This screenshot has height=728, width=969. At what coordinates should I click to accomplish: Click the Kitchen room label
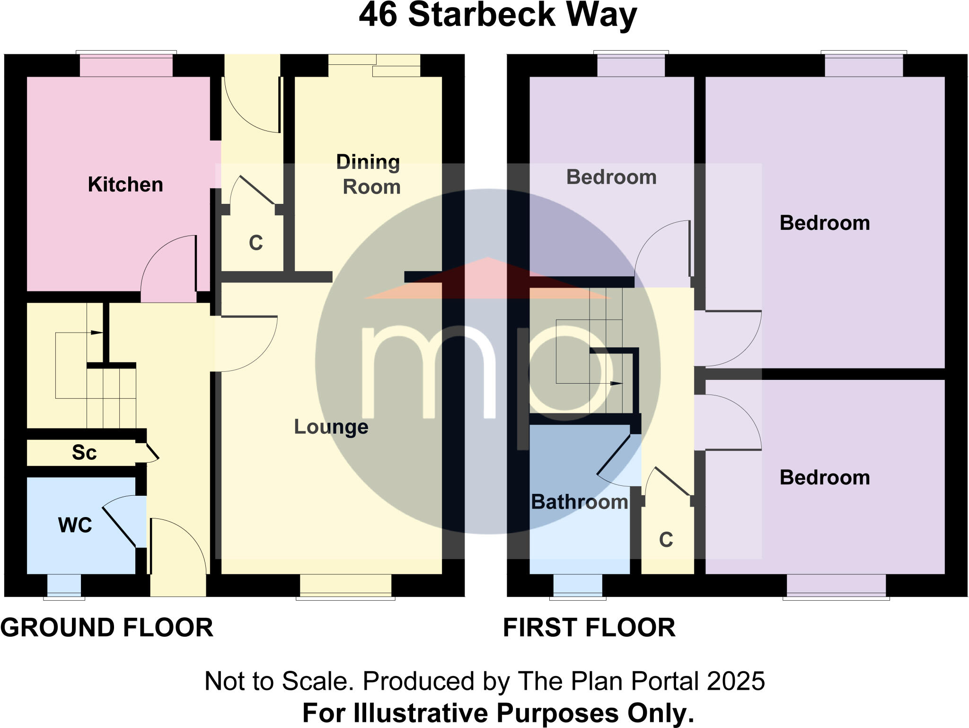click(125, 184)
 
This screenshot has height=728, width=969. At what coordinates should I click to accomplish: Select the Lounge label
click(331, 427)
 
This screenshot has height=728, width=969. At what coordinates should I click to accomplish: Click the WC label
click(75, 525)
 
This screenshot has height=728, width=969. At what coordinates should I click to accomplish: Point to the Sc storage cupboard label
click(84, 453)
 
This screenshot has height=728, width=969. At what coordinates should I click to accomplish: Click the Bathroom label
click(579, 502)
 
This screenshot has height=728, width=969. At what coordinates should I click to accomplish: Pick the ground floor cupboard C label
click(255, 243)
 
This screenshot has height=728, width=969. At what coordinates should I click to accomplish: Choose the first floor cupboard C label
click(666, 540)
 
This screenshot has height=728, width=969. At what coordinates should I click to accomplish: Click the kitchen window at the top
click(126, 65)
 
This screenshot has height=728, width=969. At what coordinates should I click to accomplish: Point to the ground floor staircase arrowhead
click(98, 333)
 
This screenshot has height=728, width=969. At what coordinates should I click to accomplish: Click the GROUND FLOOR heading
click(107, 628)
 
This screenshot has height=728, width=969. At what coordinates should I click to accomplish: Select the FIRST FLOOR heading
click(589, 628)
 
